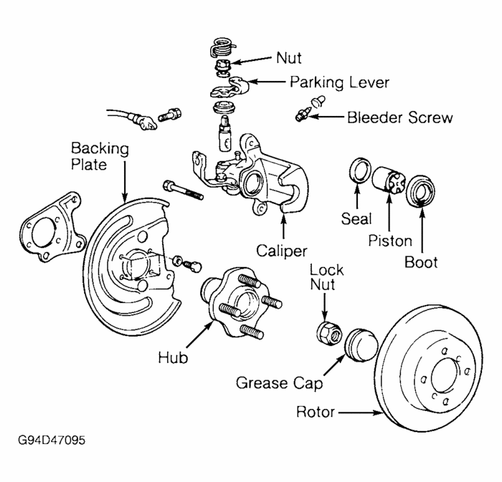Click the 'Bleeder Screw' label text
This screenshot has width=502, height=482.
(x=400, y=117)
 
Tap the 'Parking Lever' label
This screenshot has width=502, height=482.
(x=339, y=82)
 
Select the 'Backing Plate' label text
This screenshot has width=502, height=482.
(x=100, y=157)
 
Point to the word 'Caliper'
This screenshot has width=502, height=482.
(x=281, y=251)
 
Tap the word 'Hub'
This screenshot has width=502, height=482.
(x=174, y=358)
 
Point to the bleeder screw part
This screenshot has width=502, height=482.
(x=303, y=114)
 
